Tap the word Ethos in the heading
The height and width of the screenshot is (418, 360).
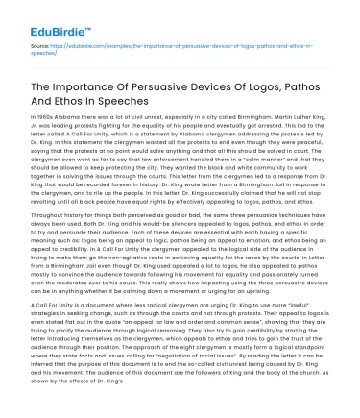point(121,104)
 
